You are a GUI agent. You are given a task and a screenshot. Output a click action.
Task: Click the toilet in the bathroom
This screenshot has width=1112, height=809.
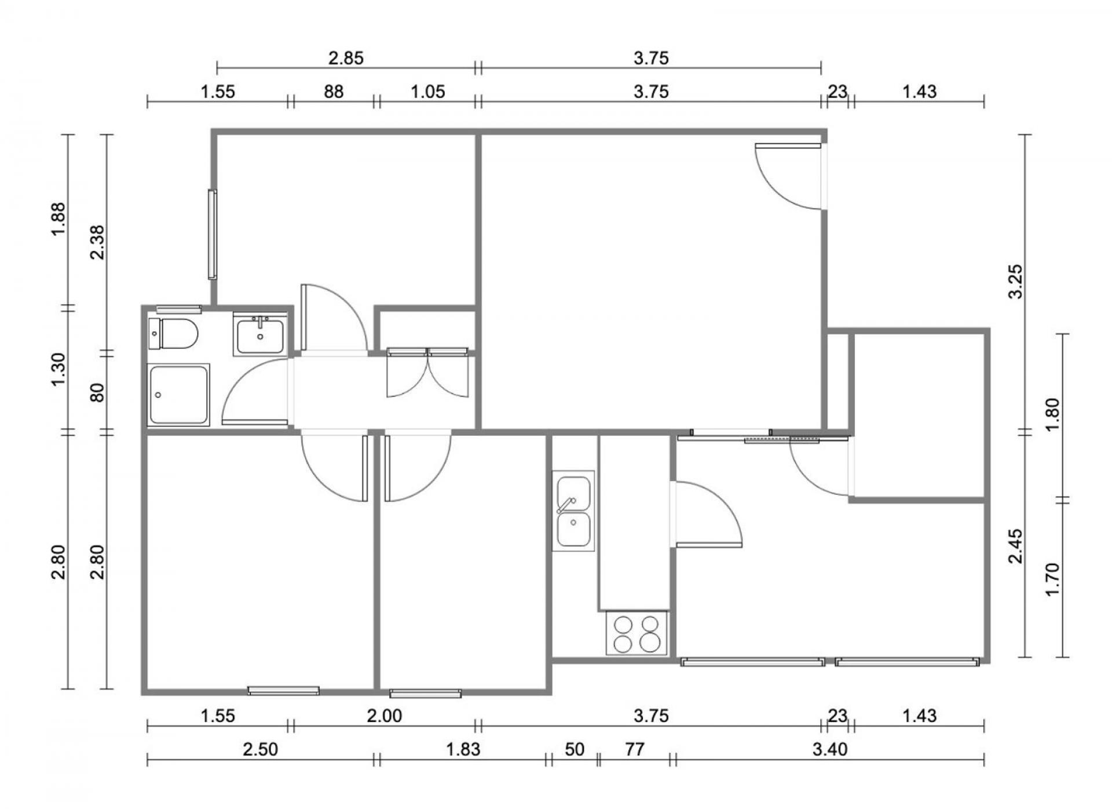pos(173,334)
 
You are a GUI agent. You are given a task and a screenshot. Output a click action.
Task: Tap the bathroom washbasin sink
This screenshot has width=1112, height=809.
pos(260,334)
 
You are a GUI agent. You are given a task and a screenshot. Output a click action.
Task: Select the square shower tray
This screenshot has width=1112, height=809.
pos(178,395)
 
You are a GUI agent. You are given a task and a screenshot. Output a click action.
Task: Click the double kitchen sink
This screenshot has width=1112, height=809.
pos(573,511)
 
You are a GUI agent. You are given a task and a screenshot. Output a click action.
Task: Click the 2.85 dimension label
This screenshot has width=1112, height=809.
pos(346,58)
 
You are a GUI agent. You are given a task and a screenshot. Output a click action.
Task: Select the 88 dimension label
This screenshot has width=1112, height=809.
pos(334,92)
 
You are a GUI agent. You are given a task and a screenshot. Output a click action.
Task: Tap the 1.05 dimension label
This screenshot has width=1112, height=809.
pos(427,92)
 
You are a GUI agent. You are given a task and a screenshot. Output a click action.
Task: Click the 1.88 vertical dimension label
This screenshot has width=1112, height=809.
pos(59,219)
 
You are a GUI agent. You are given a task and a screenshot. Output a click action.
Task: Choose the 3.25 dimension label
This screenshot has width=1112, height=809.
pos(1016,282)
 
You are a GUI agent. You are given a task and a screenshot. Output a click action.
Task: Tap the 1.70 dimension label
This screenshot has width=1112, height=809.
pos(1052,580)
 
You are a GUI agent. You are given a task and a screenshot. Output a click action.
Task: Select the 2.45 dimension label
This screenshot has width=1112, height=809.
pos(1016,546)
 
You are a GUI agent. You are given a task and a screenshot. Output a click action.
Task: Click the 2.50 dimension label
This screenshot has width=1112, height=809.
pos(260,749)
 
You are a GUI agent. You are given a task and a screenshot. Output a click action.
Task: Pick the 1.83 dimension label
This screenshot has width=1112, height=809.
pos(463,749)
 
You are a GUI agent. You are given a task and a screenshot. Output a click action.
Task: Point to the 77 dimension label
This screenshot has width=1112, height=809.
pos(635,749)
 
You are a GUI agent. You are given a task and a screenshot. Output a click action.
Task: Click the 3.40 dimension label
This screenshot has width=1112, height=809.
pos(829,749)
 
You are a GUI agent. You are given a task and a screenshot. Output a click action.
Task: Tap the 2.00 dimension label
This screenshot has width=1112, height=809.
pos(385,716)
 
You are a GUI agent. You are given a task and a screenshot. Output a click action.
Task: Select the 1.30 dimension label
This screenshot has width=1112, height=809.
pos(59,370)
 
